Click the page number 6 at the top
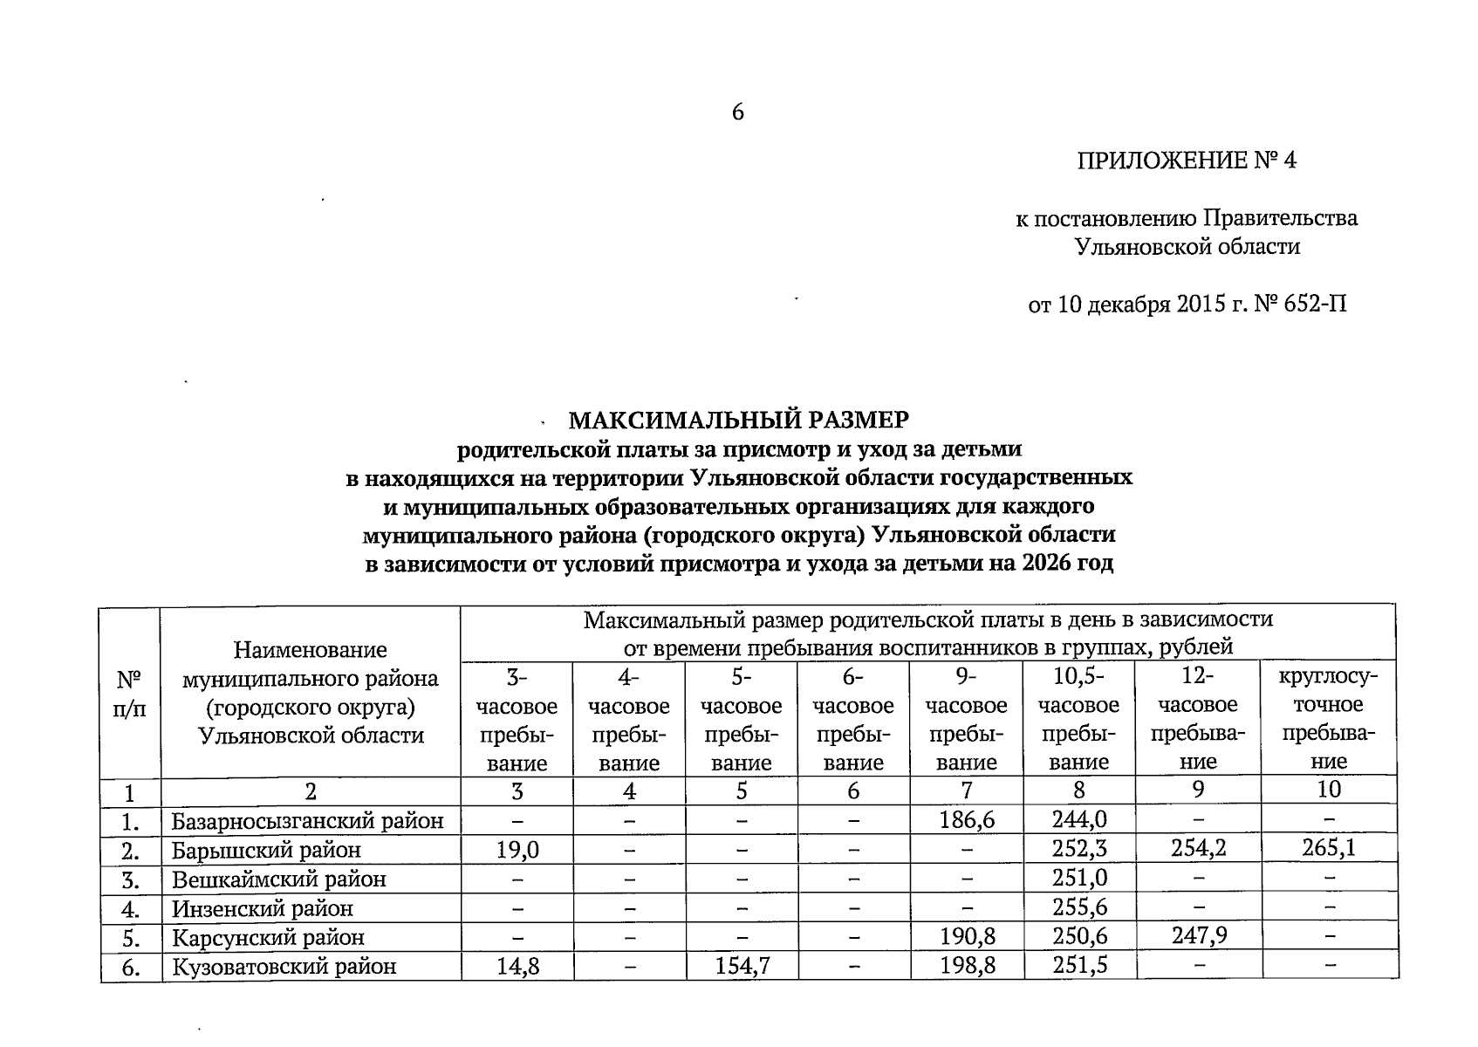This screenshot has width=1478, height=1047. click(x=737, y=112)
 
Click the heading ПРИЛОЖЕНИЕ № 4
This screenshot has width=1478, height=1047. click(x=1187, y=161)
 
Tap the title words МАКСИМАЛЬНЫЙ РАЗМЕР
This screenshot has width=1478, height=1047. click(x=738, y=421)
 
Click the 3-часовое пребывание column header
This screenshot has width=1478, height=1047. click(x=517, y=719)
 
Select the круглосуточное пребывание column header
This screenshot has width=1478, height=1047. click(x=1328, y=719)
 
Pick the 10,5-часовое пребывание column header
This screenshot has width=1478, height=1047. click(x=1078, y=719)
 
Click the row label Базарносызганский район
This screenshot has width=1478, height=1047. click(x=307, y=821)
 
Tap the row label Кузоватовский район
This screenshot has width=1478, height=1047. click(x=284, y=967)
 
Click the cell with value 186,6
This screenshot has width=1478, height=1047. click(x=966, y=820)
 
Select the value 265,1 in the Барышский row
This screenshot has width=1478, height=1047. click(x=1328, y=848)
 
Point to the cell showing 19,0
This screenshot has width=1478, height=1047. click(x=517, y=849)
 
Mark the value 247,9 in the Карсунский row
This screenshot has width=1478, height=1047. click(x=1198, y=937)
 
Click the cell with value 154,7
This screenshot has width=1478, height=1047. click(x=741, y=966)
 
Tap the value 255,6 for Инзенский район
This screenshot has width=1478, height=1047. click(x=1078, y=907)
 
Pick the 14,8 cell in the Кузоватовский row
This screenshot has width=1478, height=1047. click(x=517, y=966)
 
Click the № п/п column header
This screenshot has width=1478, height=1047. click(x=130, y=693)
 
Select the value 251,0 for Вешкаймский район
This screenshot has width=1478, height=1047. click(x=1078, y=878)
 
